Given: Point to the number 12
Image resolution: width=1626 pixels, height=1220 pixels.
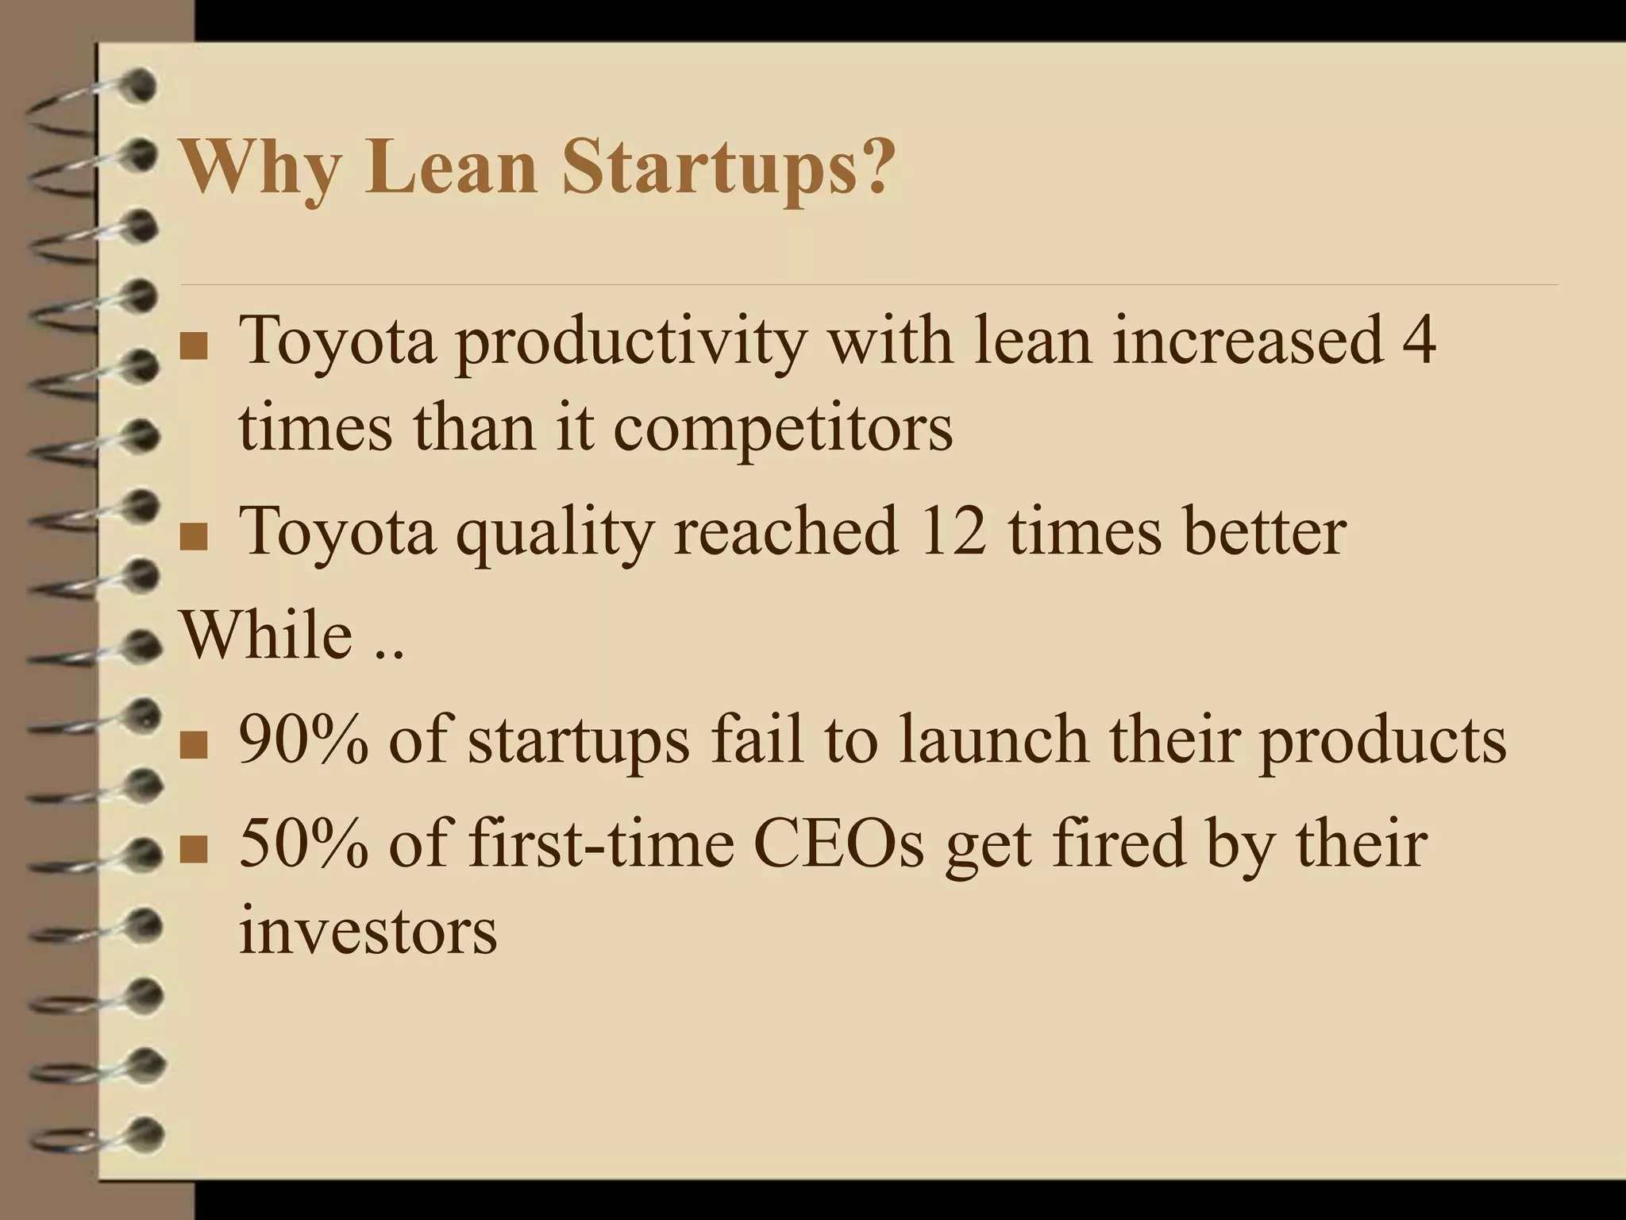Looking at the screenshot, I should pyautogui.click(x=952, y=531).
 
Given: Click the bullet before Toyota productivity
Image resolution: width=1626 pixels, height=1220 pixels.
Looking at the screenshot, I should pyautogui.click(x=194, y=348).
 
